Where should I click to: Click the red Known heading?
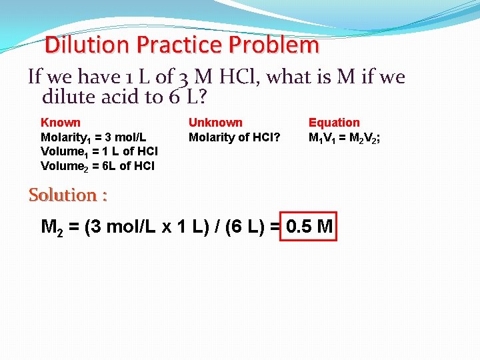61,123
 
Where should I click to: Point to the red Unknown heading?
215,123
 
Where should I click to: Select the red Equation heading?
333,123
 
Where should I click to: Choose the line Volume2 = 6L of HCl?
97,166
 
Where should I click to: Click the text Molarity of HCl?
234,138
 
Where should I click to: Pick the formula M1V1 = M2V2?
344,138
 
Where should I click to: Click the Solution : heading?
68,195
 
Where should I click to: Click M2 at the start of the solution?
52,227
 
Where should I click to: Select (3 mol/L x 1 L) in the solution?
147,227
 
